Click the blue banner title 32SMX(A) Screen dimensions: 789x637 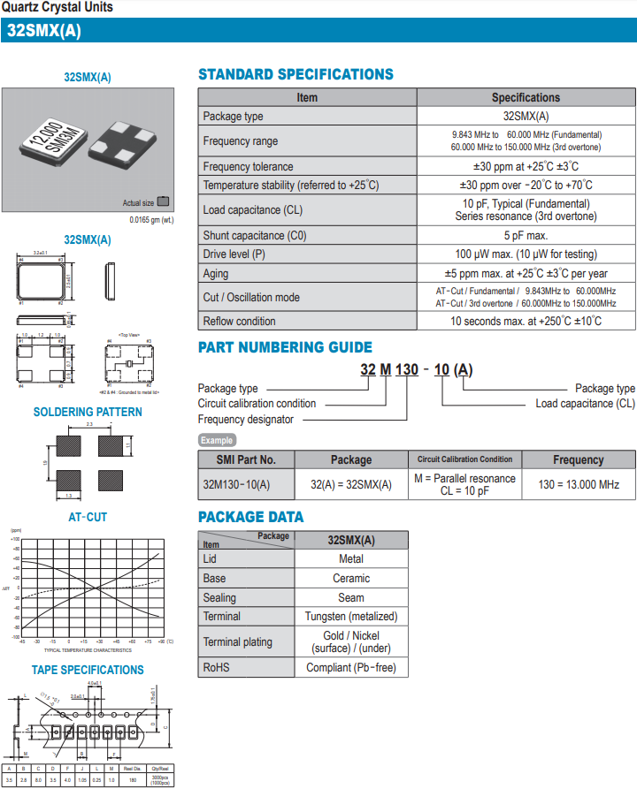pos(44,30)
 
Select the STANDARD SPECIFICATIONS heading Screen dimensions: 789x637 pos(295,74)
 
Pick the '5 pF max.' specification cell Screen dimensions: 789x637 pos(526,236)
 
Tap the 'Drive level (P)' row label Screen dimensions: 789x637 pos(234,254)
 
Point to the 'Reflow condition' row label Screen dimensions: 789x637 pos(239,321)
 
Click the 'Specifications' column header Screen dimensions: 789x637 pos(526,97)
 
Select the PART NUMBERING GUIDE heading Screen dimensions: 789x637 pos(285,347)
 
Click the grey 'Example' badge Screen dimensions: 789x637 pos(217,440)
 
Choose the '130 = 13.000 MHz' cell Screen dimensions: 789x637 pos(579,484)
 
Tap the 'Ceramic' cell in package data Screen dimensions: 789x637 pos(350,578)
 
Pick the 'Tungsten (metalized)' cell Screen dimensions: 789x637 pos(350,616)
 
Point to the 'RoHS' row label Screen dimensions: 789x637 pos(217,667)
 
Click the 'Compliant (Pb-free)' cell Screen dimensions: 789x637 pos(350,667)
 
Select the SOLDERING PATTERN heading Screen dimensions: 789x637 pos(88,412)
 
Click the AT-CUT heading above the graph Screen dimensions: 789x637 pos(88,517)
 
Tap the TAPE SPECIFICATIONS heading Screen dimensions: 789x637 pos(88,670)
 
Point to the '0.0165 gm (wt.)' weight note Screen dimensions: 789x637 pos(151,219)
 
